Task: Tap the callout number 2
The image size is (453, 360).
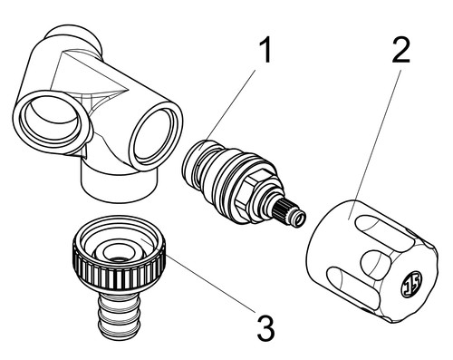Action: (x=401, y=50)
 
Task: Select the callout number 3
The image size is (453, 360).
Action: (x=265, y=327)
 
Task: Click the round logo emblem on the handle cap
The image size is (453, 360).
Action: (x=411, y=285)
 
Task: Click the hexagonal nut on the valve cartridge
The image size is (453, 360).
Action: (x=252, y=193)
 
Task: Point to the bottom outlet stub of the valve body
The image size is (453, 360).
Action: (x=120, y=184)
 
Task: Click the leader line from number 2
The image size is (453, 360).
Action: (x=375, y=144)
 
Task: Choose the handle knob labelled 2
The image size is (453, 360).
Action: (x=372, y=260)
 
